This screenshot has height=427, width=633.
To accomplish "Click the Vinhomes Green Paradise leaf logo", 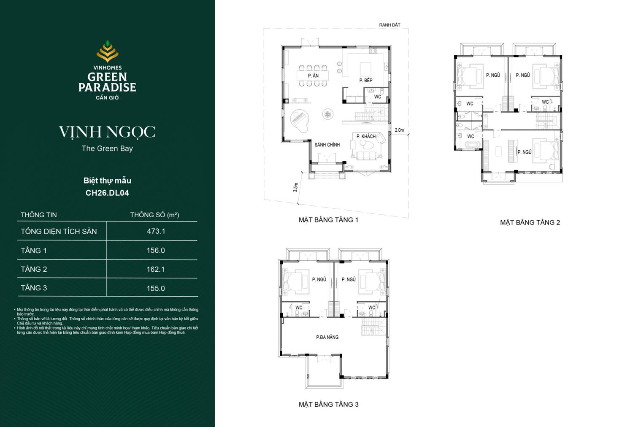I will point(107,51).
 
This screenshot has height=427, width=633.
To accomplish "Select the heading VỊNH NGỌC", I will point(107,132).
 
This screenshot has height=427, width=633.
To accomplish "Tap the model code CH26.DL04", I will point(107,193).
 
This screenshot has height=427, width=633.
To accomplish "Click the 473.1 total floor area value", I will point(156,231).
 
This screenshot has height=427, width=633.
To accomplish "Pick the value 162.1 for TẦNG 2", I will point(156,269).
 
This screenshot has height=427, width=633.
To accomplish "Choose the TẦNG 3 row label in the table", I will point(34,288).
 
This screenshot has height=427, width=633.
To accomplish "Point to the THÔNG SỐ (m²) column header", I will point(154,215).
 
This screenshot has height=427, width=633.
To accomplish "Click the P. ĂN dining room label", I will point(313,76).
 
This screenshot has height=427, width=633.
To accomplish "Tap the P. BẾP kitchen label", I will point(366,80).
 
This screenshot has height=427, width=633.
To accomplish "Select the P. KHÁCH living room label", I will point(366,136).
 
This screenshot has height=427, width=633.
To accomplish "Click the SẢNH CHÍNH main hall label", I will point(327,145).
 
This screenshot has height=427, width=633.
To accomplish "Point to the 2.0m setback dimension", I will point(399,130).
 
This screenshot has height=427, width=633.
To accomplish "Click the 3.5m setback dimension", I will point(295,187).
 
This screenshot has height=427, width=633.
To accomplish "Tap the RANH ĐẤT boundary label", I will point(390,25).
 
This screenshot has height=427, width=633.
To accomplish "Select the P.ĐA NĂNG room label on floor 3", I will point(327,337).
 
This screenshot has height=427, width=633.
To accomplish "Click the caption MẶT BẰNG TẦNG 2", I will point(530,222).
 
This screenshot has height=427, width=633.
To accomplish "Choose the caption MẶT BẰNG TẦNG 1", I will point(328,220).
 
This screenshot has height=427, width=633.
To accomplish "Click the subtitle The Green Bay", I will point(107,149).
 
